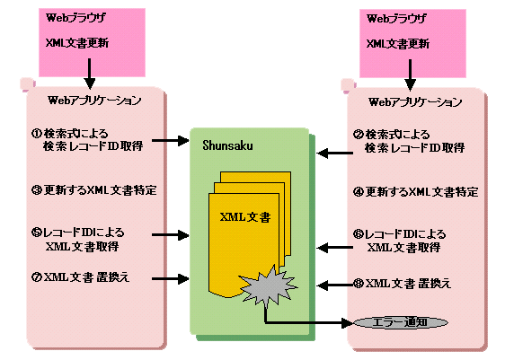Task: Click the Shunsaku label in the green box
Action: point(227,145)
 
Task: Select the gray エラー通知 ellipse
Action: point(401,322)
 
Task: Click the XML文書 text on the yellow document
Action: point(245,217)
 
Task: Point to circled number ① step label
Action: point(36,133)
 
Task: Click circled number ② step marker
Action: point(359,135)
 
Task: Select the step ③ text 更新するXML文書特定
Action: point(100,190)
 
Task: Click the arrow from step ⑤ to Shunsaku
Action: point(171,235)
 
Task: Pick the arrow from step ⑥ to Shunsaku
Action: point(335,247)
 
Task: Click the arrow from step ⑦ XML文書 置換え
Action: point(171,279)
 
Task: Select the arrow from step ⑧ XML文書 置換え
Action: point(335,285)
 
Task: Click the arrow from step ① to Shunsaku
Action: point(171,141)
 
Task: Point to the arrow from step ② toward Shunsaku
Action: point(335,153)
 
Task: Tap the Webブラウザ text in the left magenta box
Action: point(75,17)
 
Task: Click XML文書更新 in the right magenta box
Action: point(397,44)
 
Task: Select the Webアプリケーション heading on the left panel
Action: point(94,101)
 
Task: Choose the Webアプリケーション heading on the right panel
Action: point(415,101)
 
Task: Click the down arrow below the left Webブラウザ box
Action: point(89,74)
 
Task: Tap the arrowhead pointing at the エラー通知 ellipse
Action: point(348,323)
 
